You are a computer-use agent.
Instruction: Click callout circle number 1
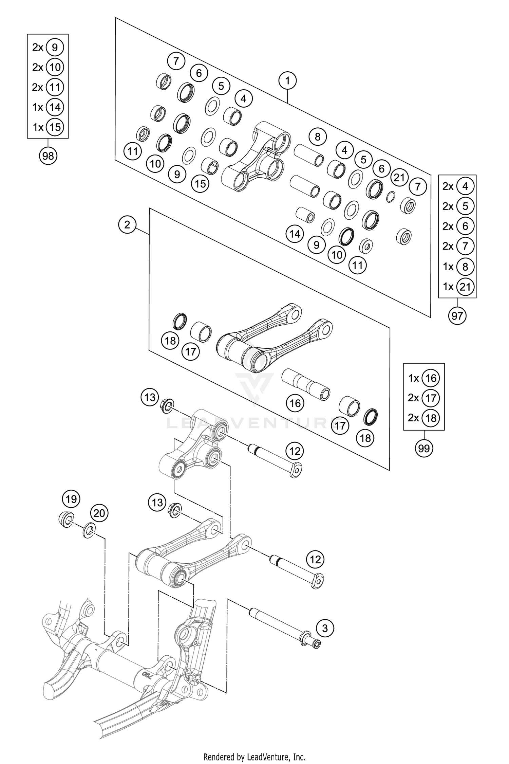point(287,81)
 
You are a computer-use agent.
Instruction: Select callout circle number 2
point(127,224)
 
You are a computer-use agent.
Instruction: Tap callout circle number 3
point(325,628)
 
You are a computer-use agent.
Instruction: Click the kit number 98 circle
point(48,156)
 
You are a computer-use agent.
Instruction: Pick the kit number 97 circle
point(457,316)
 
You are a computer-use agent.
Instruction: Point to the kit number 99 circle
point(424,448)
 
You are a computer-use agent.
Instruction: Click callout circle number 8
point(317,137)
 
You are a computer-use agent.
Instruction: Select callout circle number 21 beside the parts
point(399,177)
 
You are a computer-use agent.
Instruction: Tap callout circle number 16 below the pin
point(295,403)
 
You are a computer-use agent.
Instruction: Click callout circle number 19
point(71,499)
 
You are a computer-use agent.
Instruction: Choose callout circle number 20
point(99,513)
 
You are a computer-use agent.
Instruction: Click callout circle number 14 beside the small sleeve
point(295,234)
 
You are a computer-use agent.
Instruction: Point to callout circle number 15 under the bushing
point(200,184)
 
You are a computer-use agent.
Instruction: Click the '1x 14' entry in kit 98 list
point(48,107)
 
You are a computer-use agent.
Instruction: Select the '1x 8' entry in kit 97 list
point(457,267)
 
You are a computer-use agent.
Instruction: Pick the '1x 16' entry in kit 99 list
point(423,378)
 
